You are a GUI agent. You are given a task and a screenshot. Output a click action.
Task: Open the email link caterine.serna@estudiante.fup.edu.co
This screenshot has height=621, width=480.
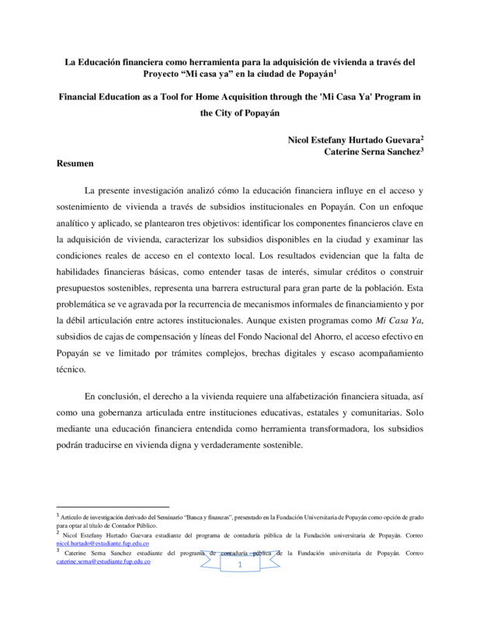[x=104, y=561]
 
